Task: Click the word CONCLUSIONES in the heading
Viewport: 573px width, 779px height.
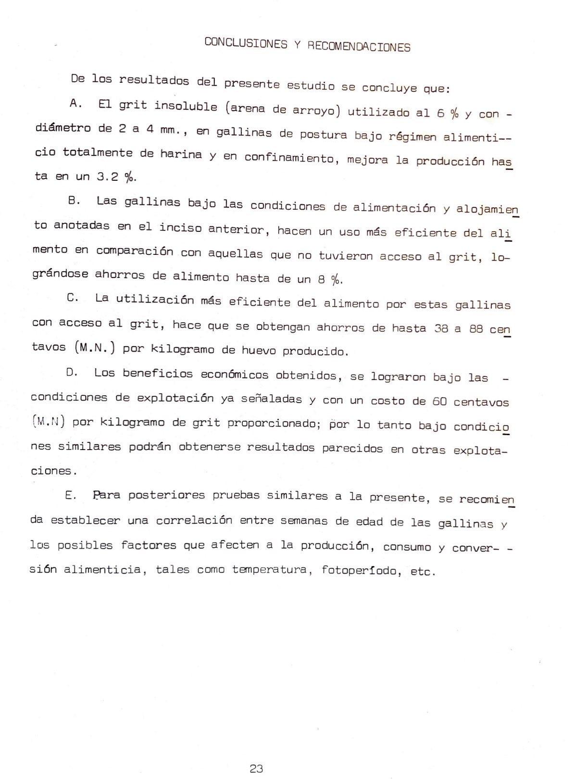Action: [x=246, y=43]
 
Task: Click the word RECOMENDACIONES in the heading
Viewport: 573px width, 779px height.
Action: [x=359, y=46]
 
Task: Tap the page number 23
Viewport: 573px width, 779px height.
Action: [x=256, y=768]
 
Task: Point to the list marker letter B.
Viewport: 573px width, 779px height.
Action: [x=74, y=201]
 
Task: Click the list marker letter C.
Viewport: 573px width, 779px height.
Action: [x=73, y=298]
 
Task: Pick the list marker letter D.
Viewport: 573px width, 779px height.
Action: [x=72, y=373]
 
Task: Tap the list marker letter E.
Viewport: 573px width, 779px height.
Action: [x=70, y=495]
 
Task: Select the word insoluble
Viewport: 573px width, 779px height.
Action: [x=186, y=106]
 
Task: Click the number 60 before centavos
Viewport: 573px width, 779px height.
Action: [x=439, y=401]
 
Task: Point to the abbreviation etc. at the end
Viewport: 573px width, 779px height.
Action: [x=423, y=572]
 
